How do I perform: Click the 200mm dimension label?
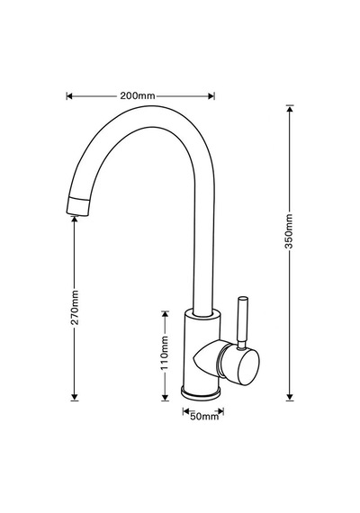click(137, 96)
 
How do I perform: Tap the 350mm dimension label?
click(289, 231)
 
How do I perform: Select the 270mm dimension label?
click(75, 307)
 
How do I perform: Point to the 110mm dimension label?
click(165, 353)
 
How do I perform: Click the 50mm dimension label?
click(204, 417)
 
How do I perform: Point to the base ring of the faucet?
click(201, 392)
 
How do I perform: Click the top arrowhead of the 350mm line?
click(289, 109)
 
